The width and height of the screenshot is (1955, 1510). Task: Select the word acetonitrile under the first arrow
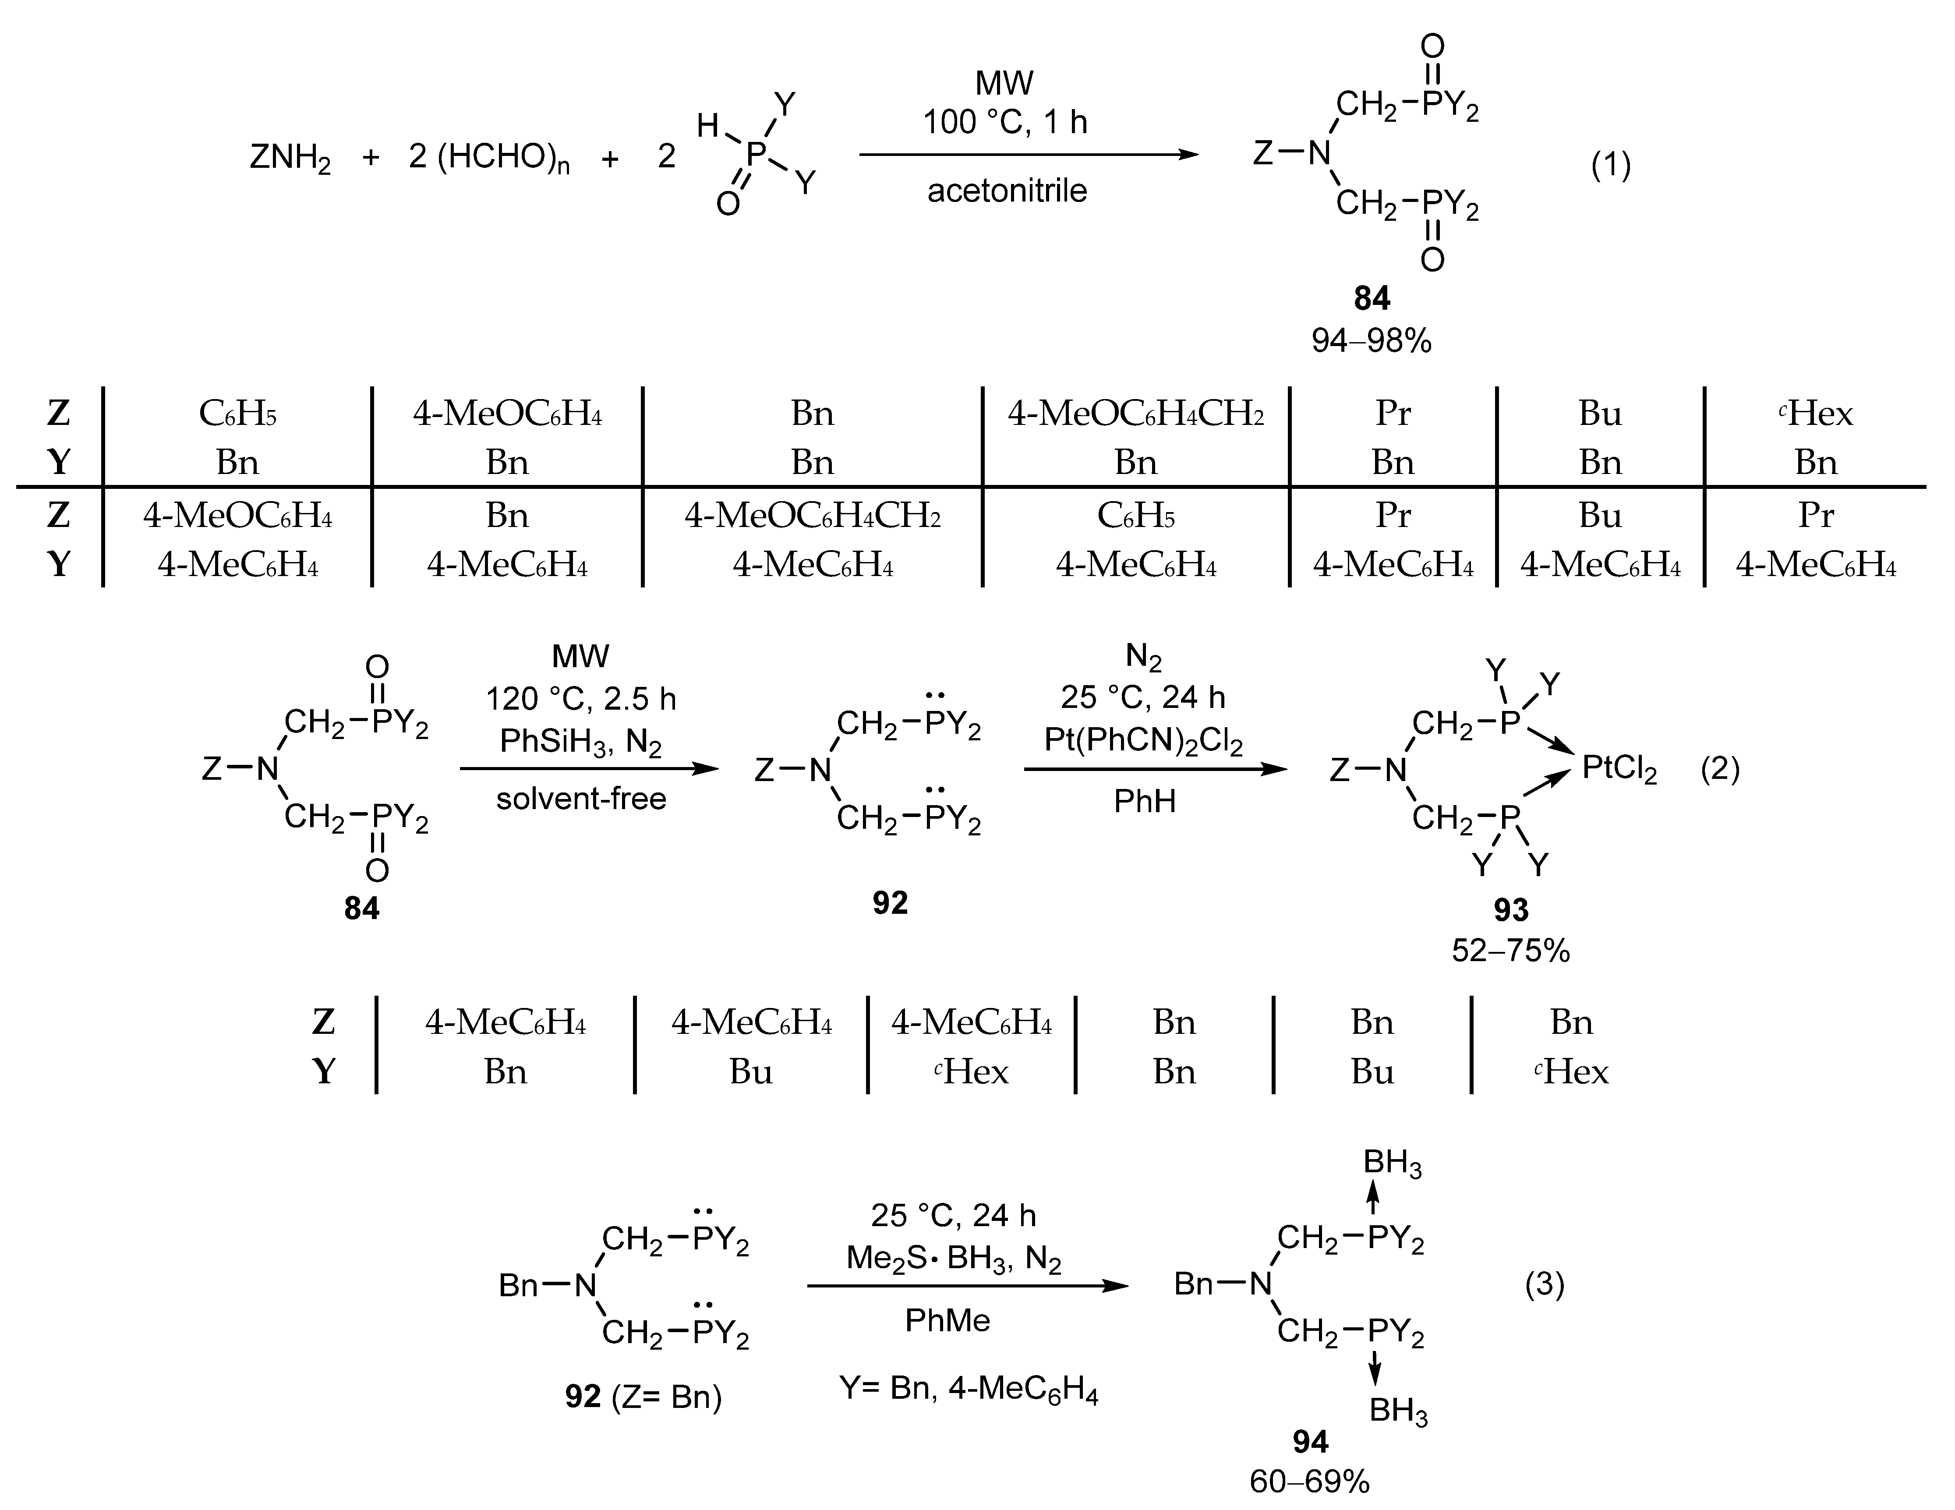click(1007, 191)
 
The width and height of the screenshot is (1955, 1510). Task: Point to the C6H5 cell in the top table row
click(237, 414)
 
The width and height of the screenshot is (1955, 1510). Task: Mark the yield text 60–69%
click(1310, 1482)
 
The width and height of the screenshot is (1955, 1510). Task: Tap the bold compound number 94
click(1310, 1441)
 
